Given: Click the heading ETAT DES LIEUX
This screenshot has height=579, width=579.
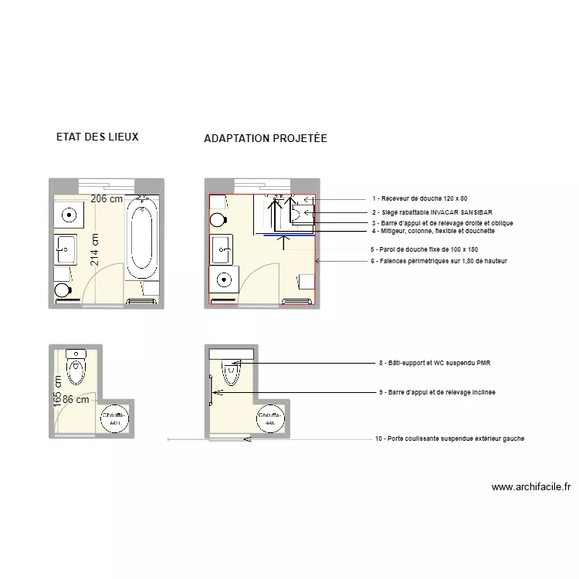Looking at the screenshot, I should pyautogui.click(x=97, y=137).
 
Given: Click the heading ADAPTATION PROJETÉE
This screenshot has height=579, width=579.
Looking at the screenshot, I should pyautogui.click(x=266, y=139).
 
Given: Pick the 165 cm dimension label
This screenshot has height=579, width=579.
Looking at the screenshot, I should pyautogui.click(x=58, y=392).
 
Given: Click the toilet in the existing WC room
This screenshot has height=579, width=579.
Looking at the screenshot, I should pyautogui.click(x=76, y=367).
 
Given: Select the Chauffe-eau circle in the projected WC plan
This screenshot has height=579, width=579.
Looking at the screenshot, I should pyautogui.click(x=270, y=418).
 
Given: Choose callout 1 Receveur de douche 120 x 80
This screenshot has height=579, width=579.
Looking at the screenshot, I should pyautogui.click(x=419, y=199).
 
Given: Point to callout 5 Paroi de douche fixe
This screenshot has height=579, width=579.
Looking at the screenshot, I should pyautogui.click(x=424, y=249).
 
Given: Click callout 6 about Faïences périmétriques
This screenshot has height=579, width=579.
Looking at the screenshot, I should pyautogui.click(x=438, y=261).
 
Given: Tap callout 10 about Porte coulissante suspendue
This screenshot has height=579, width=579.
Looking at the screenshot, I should pyautogui.click(x=449, y=438).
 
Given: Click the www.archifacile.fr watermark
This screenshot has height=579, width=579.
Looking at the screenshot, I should pyautogui.click(x=530, y=487).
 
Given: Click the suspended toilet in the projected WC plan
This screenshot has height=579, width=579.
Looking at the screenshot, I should pyautogui.click(x=232, y=374).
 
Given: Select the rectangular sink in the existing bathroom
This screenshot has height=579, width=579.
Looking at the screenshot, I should pyautogui.click(x=64, y=247).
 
